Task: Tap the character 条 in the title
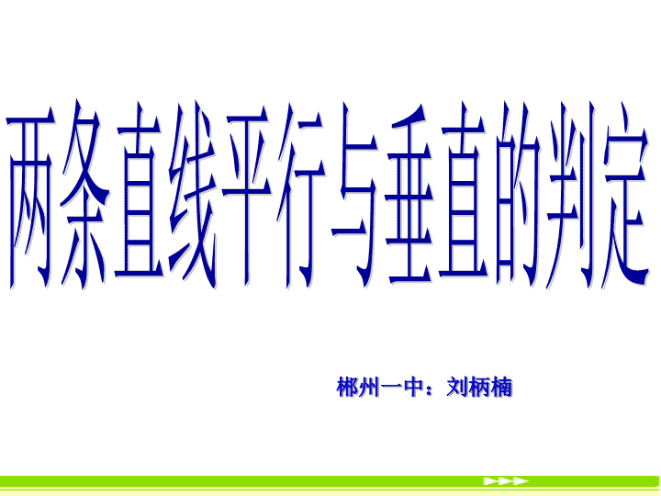tap(84, 195)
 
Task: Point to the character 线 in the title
tap(193, 195)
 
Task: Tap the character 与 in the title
tap(354, 195)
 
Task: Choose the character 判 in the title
tap(571, 195)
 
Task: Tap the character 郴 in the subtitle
tap(347, 387)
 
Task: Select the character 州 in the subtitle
tap(369, 387)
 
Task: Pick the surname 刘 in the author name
tap(457, 387)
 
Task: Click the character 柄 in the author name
tap(479, 387)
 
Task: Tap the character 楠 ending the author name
tap(501, 387)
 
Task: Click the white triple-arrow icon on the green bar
tap(506, 480)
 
